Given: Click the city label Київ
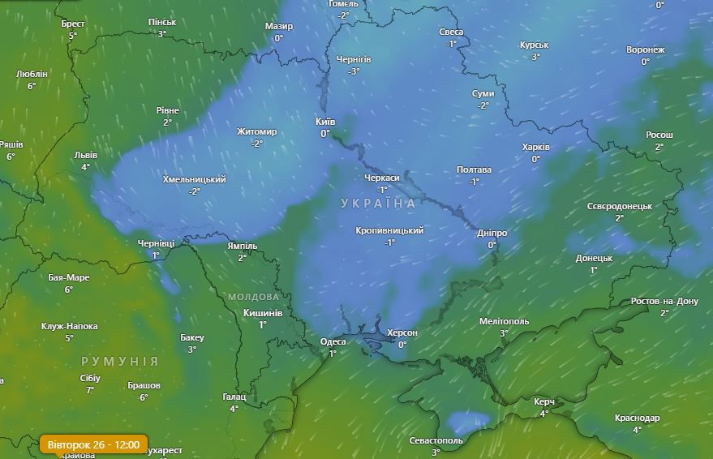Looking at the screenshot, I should point(324,122).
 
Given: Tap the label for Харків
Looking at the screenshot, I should point(535,148).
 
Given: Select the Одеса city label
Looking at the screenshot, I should point(333,341).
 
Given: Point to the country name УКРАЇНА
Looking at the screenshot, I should point(378,203).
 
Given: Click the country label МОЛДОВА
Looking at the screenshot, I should point(253,297).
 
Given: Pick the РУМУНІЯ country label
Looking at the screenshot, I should point(120,361).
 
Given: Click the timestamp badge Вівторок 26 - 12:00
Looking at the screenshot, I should point(93,444).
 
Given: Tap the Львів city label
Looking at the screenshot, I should point(85,155).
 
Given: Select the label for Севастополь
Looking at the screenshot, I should point(436,440).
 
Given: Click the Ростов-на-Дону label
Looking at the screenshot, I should point(664,302).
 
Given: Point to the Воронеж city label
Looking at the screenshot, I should point(645,50).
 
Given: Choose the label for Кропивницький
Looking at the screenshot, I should point(389,231).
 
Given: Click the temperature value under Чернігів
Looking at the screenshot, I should point(354,71).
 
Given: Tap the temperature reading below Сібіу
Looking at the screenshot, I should point(90,389).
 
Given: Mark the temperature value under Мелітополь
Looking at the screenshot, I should point(504,333).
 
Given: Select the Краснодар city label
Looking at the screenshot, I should point(637,418).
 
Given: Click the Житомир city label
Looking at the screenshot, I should point(257,132).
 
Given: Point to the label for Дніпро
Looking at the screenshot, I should point(492,234).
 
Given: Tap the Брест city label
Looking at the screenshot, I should point(73,24).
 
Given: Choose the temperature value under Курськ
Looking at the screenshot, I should point(535,57).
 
